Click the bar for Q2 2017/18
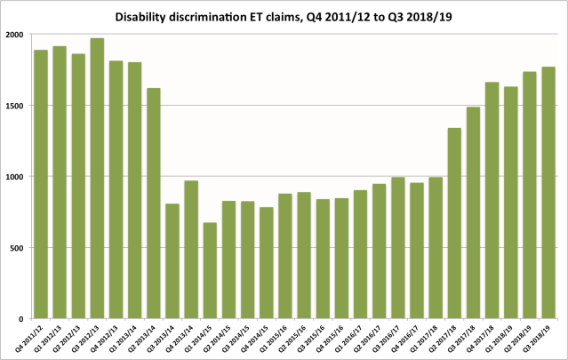point(454,223)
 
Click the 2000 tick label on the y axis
point(15,35)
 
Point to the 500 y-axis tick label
point(18,248)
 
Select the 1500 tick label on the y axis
point(15,106)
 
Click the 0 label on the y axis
point(23,318)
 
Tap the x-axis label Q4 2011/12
point(33,337)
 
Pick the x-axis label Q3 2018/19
point(540,337)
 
